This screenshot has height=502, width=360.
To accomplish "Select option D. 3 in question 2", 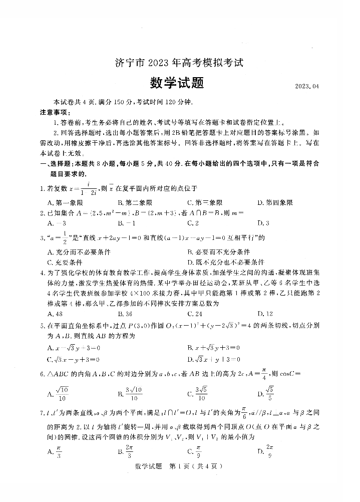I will (x=263, y=223).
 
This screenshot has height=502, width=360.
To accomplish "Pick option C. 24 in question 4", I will (x=194, y=314).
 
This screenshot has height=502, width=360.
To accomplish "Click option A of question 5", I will (x=74, y=347).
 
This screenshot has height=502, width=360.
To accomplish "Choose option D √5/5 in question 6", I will (x=268, y=391).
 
